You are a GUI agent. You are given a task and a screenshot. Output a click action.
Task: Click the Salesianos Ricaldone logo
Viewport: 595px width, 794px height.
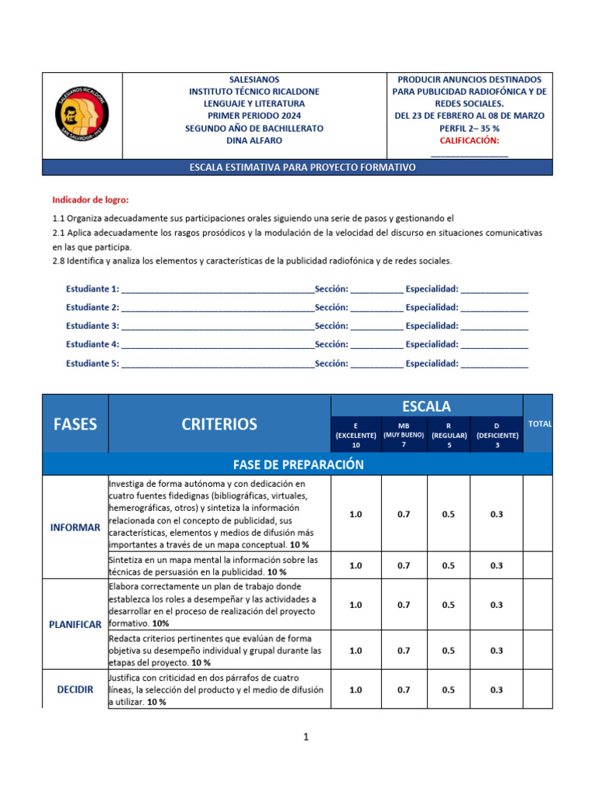pyautogui.click(x=82, y=116)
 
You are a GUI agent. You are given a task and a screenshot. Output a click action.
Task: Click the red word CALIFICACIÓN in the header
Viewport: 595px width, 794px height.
pyautogui.click(x=469, y=140)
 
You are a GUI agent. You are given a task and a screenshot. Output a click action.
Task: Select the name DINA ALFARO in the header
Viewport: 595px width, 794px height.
pyautogui.click(x=254, y=140)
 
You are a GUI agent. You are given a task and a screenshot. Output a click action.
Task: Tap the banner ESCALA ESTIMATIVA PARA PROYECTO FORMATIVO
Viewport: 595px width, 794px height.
pyautogui.click(x=297, y=167)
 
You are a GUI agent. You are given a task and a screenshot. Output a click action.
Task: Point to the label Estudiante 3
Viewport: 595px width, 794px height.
pyautogui.click(x=92, y=326)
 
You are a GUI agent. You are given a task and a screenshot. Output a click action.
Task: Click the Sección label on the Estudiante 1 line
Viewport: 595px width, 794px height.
pyautogui.click(x=331, y=288)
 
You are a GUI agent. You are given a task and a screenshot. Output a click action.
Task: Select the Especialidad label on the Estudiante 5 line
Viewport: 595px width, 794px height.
pyautogui.click(x=432, y=363)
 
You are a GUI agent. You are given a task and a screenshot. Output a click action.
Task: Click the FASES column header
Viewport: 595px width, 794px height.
pyautogui.click(x=75, y=424)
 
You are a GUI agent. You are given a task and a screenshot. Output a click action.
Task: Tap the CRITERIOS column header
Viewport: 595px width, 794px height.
pyautogui.click(x=219, y=424)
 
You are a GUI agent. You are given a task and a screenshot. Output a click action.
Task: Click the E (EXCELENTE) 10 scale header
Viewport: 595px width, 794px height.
pyautogui.click(x=356, y=436)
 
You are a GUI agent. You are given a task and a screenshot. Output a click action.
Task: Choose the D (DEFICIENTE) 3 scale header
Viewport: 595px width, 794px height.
pyautogui.click(x=497, y=436)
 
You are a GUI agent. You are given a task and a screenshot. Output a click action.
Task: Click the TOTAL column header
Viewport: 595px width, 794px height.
pyautogui.click(x=539, y=424)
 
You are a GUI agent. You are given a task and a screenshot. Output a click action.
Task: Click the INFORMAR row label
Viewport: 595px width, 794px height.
pyautogui.click(x=75, y=527)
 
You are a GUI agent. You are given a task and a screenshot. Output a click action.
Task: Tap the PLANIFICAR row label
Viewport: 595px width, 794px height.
pyautogui.click(x=75, y=625)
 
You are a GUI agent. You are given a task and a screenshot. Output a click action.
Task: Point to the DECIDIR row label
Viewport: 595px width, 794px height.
pyautogui.click(x=75, y=689)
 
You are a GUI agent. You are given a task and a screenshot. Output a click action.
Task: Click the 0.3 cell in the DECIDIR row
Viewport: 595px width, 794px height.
pyautogui.click(x=497, y=689)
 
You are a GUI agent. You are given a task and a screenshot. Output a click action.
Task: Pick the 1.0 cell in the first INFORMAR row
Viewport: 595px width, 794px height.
pyautogui.click(x=356, y=514)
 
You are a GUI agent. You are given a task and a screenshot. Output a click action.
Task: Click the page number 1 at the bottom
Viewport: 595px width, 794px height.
pyautogui.click(x=306, y=737)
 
